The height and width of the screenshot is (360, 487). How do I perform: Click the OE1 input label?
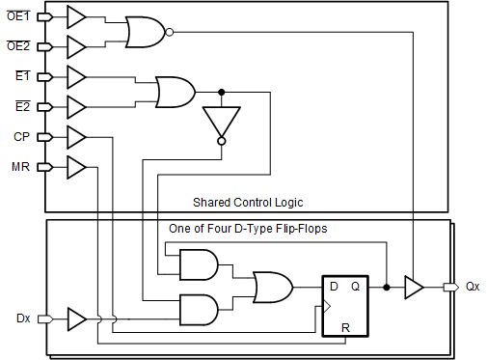pos(17,15)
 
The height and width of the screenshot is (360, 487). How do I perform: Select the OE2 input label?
pos(17,45)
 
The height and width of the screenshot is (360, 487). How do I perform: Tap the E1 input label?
pos(21,75)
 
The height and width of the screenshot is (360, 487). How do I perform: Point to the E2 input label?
pos(21,105)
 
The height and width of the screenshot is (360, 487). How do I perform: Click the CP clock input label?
pos(20,136)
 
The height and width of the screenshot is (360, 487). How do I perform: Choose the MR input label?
pos(19,167)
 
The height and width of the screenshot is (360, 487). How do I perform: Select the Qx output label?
pos(472,287)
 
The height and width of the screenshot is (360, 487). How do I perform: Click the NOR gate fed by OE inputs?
pos(145,32)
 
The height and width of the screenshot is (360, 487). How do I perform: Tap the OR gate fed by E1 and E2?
pos(175,92)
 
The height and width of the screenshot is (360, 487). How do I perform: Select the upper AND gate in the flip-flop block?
pos(198,264)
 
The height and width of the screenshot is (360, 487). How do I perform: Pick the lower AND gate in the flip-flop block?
pos(198,309)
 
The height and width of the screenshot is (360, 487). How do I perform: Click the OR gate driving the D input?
pos(272,287)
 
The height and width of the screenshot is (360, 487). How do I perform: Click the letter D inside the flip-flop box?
pos(334,287)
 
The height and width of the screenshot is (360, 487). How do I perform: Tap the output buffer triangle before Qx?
pos(413,287)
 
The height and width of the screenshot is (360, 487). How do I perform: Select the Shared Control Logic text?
pos(248,202)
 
